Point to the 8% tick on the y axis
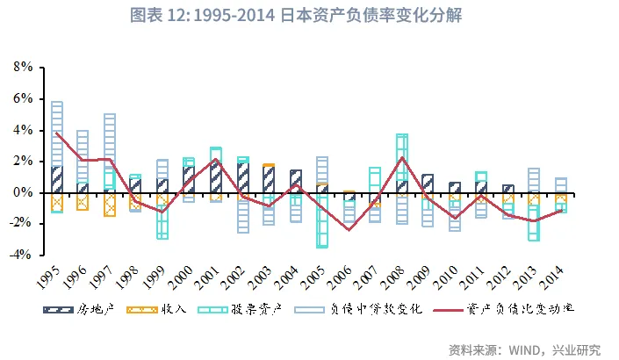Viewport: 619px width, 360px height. tap(23, 68)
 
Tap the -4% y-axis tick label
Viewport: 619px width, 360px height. tap(21, 256)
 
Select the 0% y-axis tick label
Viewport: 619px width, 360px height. tap(23, 193)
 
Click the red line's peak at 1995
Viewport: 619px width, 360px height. tap(57, 133)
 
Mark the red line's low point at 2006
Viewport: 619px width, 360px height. tap(349, 230)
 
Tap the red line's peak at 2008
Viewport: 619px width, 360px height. tap(402, 158)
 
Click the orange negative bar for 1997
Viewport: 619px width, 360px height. tap(110, 204)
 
